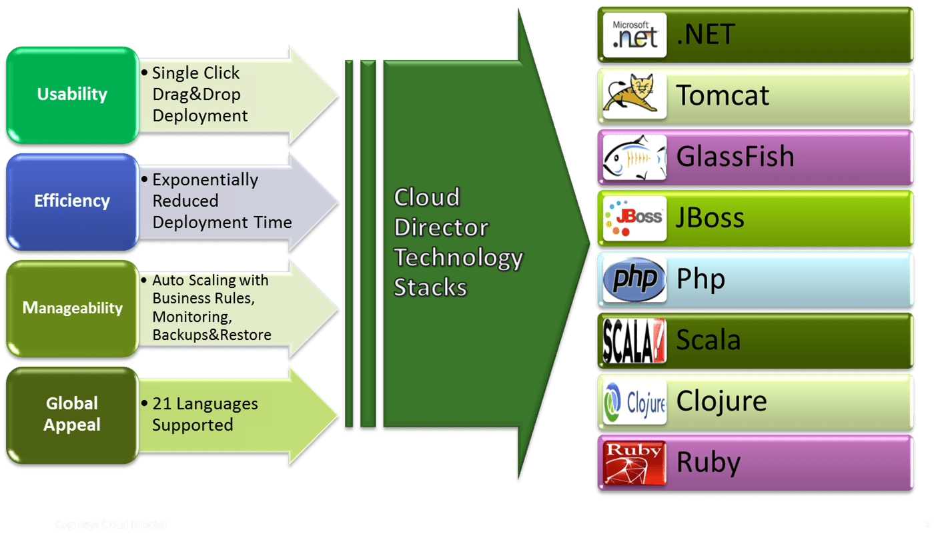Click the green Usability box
coord(71,95)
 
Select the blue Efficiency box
coord(71,201)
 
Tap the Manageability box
coord(71,308)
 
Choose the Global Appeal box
coord(71,414)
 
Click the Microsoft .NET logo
coord(634,35)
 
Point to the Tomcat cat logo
coord(634,96)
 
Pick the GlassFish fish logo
coord(634,157)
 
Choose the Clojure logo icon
coord(634,402)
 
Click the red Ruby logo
coord(634,463)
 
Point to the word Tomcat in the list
coord(723,95)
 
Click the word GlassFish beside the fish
coord(735,157)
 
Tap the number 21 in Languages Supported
coord(162,404)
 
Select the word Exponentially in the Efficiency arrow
coord(205,180)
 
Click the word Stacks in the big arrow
coord(430,287)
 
